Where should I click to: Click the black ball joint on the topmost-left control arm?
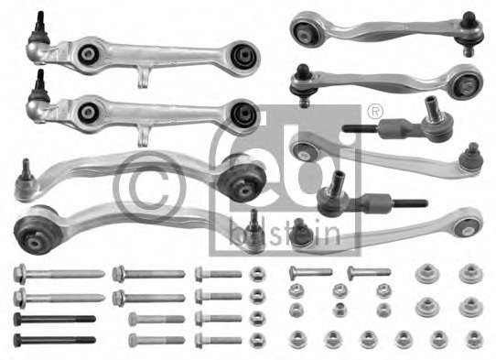coord(38,31)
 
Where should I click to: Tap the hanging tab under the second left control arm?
coord(146,136)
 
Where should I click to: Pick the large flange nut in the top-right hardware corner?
coord(470,274)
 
